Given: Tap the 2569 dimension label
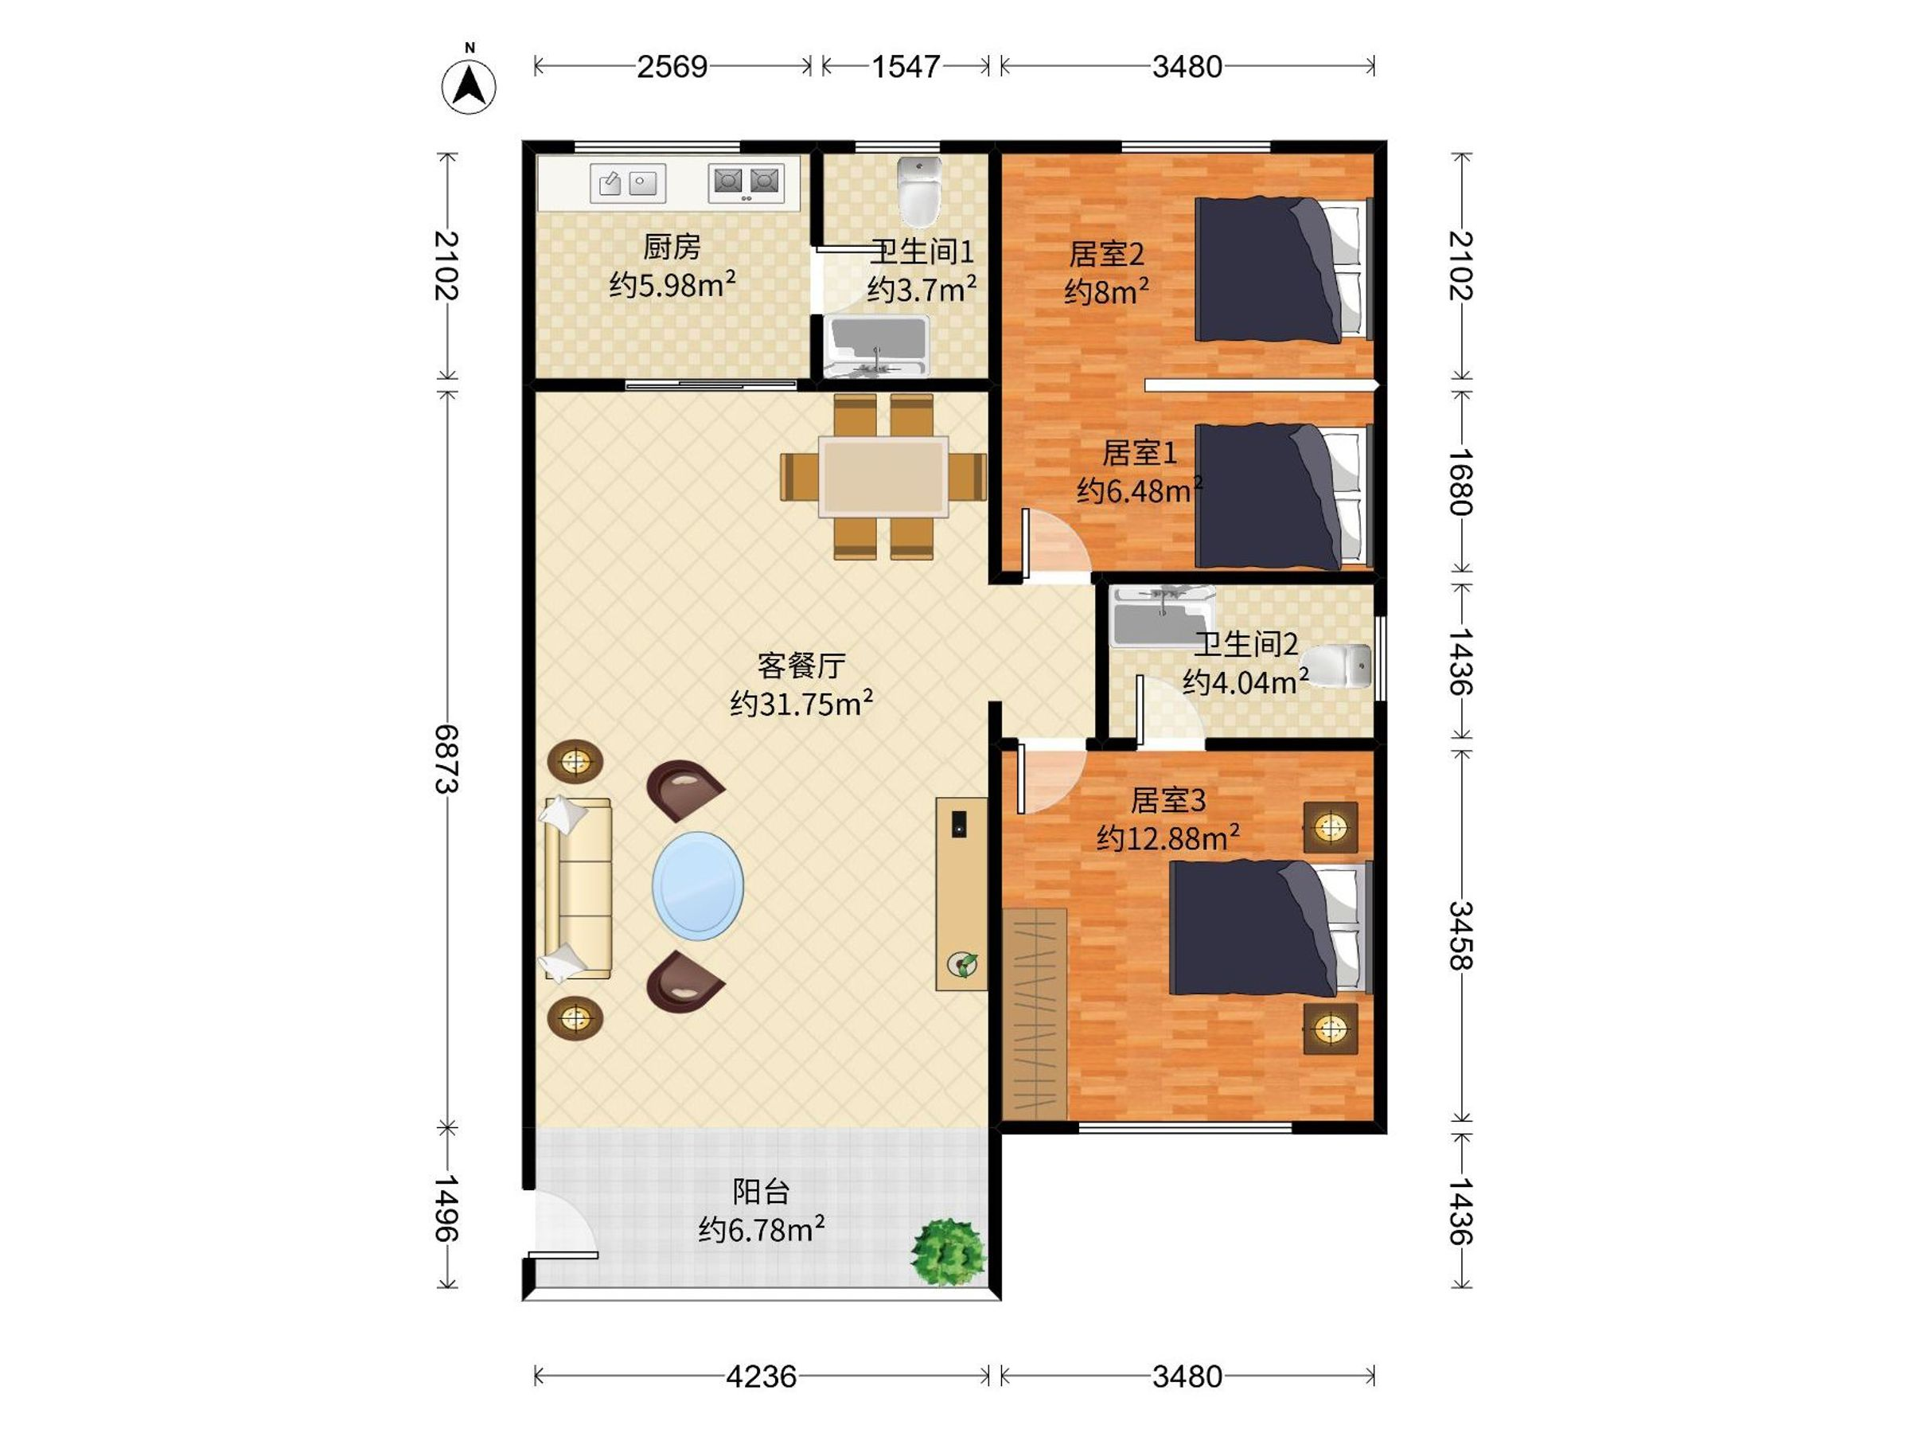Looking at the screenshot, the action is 672,67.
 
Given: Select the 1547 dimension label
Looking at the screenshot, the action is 905,67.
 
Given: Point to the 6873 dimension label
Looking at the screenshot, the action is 446,759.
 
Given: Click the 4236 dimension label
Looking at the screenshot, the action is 761,1376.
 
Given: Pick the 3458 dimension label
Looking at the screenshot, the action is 1460,935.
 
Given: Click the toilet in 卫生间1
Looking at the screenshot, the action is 918,191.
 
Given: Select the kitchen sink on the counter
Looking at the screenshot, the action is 628,183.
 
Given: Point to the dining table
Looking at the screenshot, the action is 883,477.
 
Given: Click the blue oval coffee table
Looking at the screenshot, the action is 698,886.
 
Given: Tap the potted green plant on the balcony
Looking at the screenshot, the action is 948,1251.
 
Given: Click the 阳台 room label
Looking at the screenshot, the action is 761,1192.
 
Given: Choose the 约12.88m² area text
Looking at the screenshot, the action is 1168,837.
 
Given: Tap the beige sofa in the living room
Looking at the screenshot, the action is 578,888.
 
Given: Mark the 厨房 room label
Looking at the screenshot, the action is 672,247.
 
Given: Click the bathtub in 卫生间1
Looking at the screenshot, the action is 876,346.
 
